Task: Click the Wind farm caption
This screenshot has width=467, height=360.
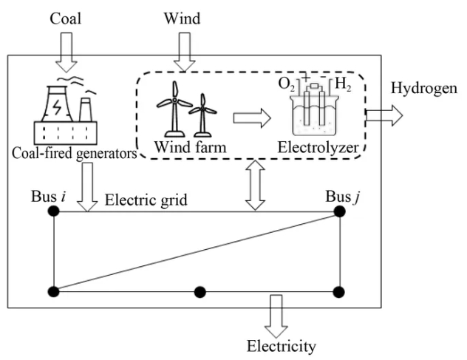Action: pos(185,148)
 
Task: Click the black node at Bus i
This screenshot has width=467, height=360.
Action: pos(53,212)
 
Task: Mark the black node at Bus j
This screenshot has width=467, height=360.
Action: pos(339,212)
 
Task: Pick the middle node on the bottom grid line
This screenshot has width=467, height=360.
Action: pos(199,291)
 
